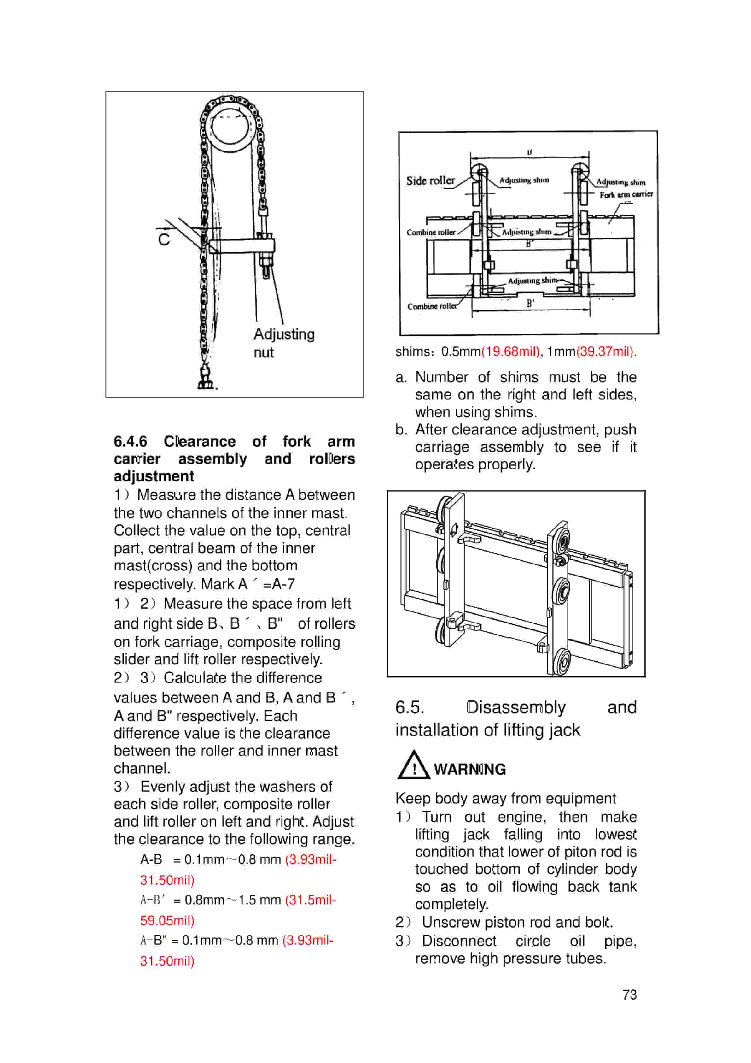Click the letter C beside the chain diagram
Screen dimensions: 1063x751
164,239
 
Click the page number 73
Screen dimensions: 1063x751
629,995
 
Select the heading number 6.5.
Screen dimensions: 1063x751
410,707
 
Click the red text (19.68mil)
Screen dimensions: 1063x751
510,351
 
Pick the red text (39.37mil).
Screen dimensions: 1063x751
606,351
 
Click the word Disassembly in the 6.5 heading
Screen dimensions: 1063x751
515,707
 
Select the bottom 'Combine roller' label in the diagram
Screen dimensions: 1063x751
431,306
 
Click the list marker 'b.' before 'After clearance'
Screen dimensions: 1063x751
401,430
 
